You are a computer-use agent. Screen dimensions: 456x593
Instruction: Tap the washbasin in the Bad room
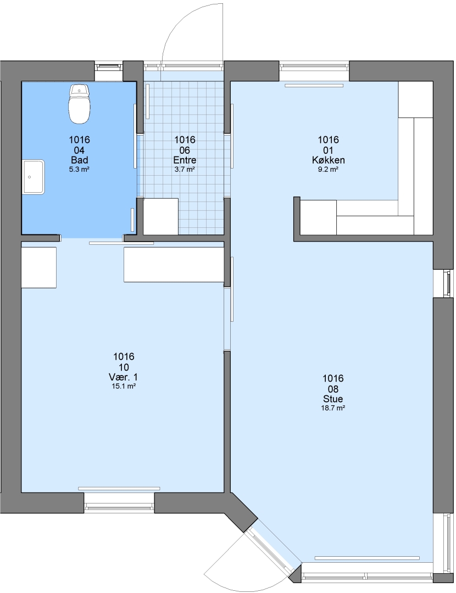(x=34, y=177)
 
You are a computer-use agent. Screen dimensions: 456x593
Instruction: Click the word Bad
(x=80, y=160)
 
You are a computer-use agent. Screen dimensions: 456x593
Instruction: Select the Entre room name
(x=185, y=160)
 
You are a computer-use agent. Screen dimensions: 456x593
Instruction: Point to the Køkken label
(x=328, y=160)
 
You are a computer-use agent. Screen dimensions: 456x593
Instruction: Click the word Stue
(x=333, y=399)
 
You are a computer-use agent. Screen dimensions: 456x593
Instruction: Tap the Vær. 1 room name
(x=124, y=377)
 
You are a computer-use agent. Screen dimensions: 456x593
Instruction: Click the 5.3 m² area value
(x=79, y=170)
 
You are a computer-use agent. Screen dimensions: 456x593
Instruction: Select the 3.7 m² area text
(x=185, y=170)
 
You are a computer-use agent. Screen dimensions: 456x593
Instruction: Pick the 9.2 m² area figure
(x=328, y=170)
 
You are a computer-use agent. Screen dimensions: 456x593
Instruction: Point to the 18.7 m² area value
(x=333, y=408)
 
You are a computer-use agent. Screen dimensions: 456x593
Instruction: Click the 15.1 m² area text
(x=124, y=387)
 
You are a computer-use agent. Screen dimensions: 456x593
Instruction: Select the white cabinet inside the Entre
(x=160, y=216)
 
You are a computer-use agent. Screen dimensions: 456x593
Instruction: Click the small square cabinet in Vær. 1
(x=38, y=267)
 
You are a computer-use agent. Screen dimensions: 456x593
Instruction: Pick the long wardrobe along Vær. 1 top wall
(x=174, y=264)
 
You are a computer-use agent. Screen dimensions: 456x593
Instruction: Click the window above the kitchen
(x=314, y=66)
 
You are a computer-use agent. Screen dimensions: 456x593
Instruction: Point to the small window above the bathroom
(x=109, y=67)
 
